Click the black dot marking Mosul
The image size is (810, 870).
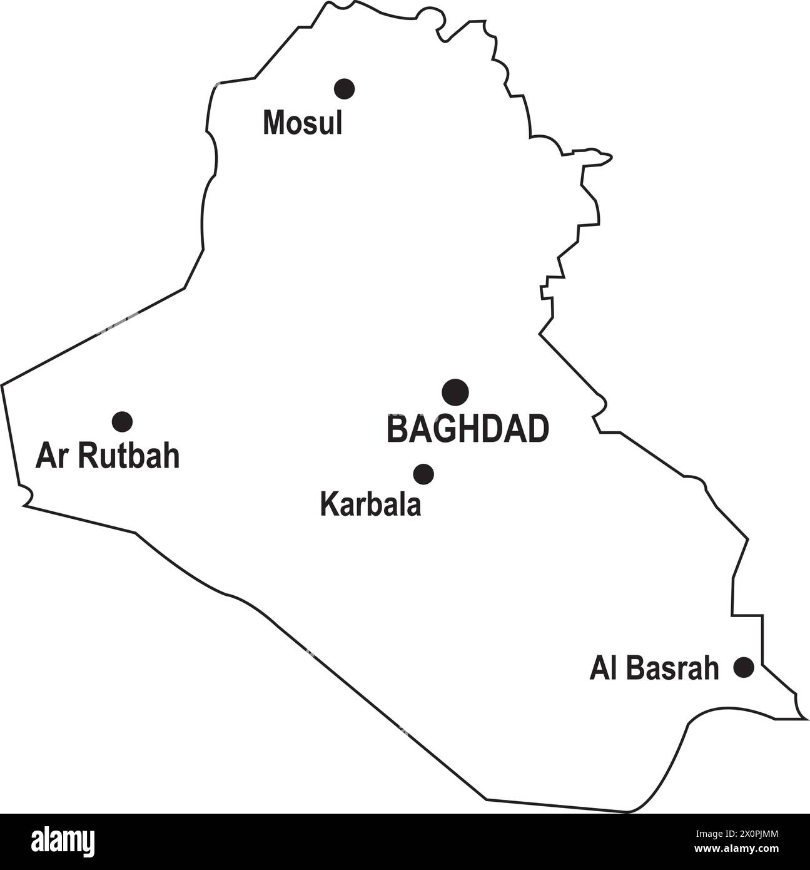tap(344, 89)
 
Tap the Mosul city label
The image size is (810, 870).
tap(303, 123)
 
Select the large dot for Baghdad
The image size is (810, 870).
tap(455, 392)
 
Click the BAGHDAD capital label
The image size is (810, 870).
tap(468, 429)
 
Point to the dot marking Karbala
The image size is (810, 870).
tap(423, 474)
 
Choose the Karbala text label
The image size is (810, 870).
tap(370, 504)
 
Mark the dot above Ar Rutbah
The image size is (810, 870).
tap(122, 422)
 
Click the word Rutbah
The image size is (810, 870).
tap(130, 456)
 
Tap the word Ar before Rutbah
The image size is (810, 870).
tap(52, 456)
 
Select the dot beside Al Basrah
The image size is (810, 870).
tap(744, 667)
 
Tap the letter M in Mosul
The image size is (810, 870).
tap(272, 123)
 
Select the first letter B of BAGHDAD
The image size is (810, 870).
tap(397, 429)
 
